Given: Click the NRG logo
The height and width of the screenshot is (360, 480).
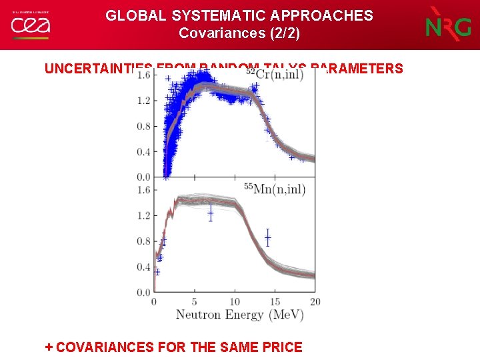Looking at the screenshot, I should (x=447, y=25).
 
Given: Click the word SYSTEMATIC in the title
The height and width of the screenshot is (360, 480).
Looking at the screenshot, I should (x=203, y=15).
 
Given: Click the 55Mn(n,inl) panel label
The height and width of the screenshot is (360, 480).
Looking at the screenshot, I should (x=275, y=190).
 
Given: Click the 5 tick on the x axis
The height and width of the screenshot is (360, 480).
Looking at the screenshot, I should (x=194, y=302).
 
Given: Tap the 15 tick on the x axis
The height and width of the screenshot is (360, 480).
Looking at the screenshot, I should (x=274, y=302).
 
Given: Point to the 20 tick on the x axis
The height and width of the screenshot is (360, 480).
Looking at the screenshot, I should (x=315, y=302).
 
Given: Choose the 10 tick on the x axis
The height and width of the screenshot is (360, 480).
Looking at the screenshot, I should (x=234, y=302).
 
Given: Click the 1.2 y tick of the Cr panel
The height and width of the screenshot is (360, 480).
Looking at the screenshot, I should (x=143, y=100).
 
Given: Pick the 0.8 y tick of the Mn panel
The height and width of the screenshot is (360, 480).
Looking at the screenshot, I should (x=143, y=241).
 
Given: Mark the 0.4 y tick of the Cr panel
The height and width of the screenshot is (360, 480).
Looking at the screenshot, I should (x=143, y=151).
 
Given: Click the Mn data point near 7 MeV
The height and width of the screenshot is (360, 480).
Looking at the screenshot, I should (x=211, y=213).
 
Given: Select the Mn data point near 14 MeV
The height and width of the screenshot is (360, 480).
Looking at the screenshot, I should (x=267, y=237).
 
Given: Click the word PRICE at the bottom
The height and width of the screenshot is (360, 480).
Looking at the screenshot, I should (x=283, y=347).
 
